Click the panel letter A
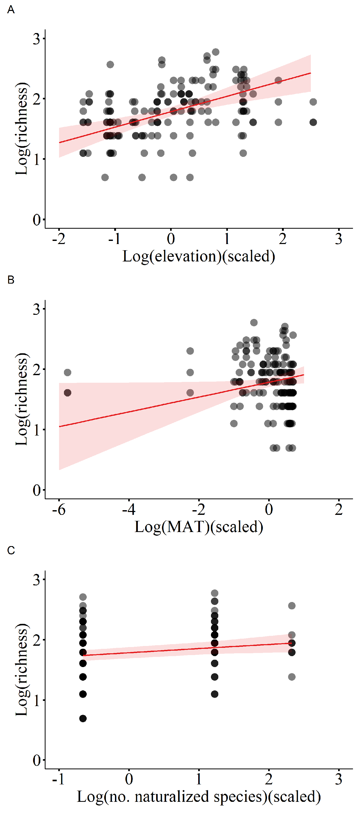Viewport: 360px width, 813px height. [11, 10]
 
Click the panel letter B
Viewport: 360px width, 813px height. [11, 280]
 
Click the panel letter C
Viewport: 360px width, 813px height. [11, 550]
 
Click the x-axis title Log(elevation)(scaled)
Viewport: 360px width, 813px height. [198, 256]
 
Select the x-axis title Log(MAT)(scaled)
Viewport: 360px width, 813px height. [198, 526]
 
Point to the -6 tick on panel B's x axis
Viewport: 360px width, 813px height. [59, 509]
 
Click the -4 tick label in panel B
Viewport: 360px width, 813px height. [128, 509]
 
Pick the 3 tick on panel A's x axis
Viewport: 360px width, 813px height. [339, 239]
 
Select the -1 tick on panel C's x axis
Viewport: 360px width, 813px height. [59, 779]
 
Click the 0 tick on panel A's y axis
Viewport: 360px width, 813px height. [37, 220]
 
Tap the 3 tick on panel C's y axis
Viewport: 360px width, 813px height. [37, 580]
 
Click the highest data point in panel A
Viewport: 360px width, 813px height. [215, 52]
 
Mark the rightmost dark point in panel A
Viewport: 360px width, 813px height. [313, 122]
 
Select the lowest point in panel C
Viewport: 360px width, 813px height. [83, 719]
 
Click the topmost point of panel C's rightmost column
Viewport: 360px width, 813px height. [292, 606]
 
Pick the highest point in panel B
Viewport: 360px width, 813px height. [254, 323]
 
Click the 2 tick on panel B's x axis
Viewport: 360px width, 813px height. [339, 509]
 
